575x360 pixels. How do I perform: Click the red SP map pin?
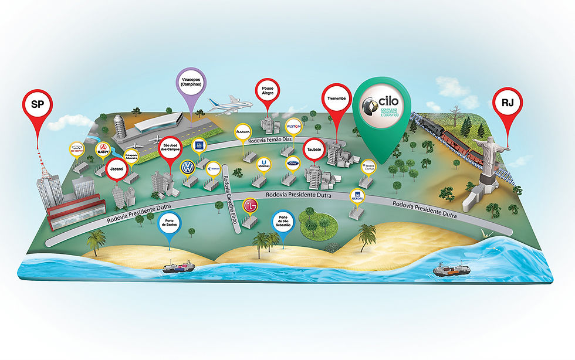point(37,104)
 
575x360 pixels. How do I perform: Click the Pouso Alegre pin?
point(268,91)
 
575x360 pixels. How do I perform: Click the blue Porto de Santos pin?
point(170,222)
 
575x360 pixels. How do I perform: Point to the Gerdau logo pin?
point(357,196)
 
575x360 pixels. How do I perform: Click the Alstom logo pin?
point(293,127)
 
